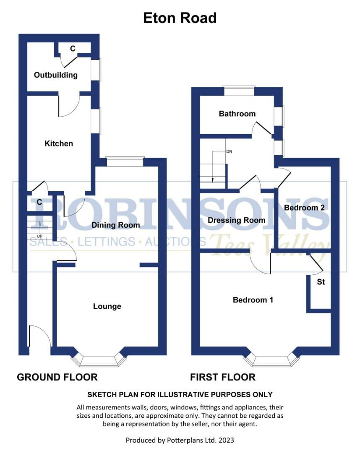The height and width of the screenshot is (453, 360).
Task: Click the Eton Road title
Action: (x=180, y=18)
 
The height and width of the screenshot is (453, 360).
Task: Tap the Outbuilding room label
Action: (x=56, y=75)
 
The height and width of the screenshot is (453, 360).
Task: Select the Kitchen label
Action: (x=59, y=143)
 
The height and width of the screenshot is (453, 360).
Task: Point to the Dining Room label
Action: (x=116, y=225)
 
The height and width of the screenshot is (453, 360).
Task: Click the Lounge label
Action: (x=107, y=306)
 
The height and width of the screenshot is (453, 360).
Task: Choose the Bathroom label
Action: (x=237, y=114)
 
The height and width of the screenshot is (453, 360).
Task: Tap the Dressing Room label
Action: (x=237, y=220)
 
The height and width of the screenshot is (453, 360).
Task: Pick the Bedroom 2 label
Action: (x=304, y=208)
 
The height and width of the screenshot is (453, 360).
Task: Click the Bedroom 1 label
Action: (x=253, y=300)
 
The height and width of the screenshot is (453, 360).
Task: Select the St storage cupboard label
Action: (x=321, y=282)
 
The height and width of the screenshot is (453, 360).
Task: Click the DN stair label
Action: (x=229, y=151)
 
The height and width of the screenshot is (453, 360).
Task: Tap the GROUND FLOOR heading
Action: (x=57, y=377)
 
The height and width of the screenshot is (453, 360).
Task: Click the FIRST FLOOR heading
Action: (x=223, y=377)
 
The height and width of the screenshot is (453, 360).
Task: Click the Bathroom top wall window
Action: (x=239, y=91)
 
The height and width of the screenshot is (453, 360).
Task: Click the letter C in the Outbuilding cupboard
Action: (x=73, y=49)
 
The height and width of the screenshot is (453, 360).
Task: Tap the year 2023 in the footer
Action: (x=225, y=440)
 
